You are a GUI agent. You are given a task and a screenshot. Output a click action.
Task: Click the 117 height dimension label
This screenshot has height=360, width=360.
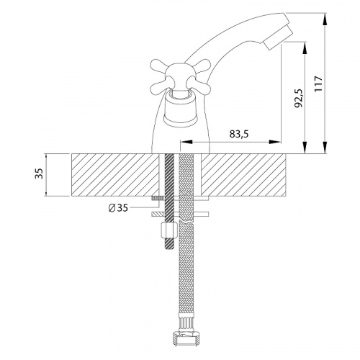coord(318,84)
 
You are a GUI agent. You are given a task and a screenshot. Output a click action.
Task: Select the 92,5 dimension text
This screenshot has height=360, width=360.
coord(299,98)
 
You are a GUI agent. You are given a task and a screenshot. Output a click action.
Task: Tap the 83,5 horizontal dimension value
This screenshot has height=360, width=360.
coord(239,134)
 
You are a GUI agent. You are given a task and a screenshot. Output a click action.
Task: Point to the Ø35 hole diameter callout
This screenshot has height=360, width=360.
coord(118,208)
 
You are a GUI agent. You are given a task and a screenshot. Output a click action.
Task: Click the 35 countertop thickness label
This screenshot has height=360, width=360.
coord(39,173)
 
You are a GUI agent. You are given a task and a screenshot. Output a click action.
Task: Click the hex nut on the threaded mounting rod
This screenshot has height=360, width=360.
coord(169,230)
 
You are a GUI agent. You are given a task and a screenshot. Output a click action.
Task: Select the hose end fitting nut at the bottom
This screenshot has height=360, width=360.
coord(186,338)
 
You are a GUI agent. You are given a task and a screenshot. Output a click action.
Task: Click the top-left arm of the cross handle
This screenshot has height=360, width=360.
coord(159,66)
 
